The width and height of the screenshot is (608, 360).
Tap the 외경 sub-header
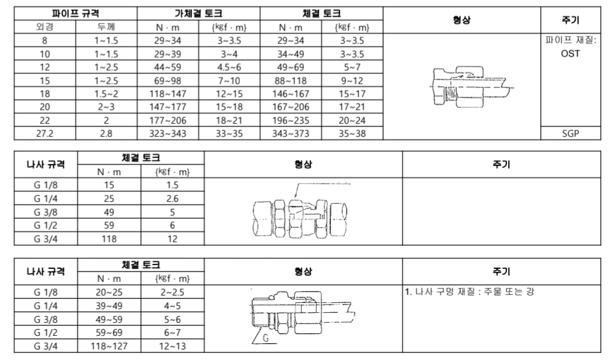coord(44,27)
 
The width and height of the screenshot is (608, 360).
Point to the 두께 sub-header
coord(107,27)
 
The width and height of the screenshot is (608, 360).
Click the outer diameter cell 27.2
coord(44,133)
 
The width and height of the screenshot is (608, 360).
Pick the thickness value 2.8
coord(107,133)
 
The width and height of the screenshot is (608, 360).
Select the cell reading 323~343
coord(169,133)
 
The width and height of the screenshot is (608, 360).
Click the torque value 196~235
coord(291,120)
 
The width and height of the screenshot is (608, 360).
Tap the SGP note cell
coord(570,133)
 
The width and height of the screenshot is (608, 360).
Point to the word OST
coord(570,53)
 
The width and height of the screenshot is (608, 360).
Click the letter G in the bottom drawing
coord(265,340)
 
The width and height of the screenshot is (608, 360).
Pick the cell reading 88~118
coord(291,80)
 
